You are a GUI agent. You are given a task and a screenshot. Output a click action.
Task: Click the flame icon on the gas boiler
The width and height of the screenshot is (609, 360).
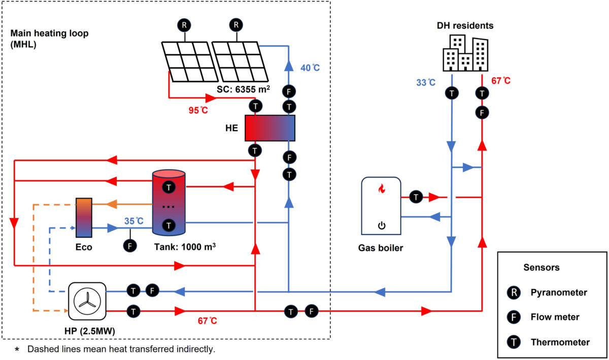point(381,189)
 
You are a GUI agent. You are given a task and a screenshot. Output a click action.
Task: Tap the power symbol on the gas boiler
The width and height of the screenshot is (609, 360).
point(381,225)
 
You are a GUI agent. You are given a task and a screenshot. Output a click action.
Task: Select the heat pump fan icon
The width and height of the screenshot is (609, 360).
point(87,300)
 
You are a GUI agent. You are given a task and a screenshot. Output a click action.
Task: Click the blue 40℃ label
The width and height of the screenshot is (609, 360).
point(310,68)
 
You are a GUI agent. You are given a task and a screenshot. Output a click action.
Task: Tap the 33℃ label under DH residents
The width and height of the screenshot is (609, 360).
point(425,82)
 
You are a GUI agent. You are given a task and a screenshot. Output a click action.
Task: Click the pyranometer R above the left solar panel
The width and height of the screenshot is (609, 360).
point(185,24)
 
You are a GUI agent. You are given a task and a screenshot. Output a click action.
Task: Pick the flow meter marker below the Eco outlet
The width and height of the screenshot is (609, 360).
point(130,245)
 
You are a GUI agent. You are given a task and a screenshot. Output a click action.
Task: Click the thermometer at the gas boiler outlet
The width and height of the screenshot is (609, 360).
point(416,197)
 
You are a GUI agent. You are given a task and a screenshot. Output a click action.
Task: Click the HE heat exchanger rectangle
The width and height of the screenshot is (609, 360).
point(269,128)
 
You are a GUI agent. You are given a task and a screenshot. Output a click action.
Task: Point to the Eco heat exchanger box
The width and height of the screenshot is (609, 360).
point(84,217)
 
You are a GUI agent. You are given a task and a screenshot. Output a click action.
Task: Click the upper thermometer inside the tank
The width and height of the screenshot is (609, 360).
point(168,187)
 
